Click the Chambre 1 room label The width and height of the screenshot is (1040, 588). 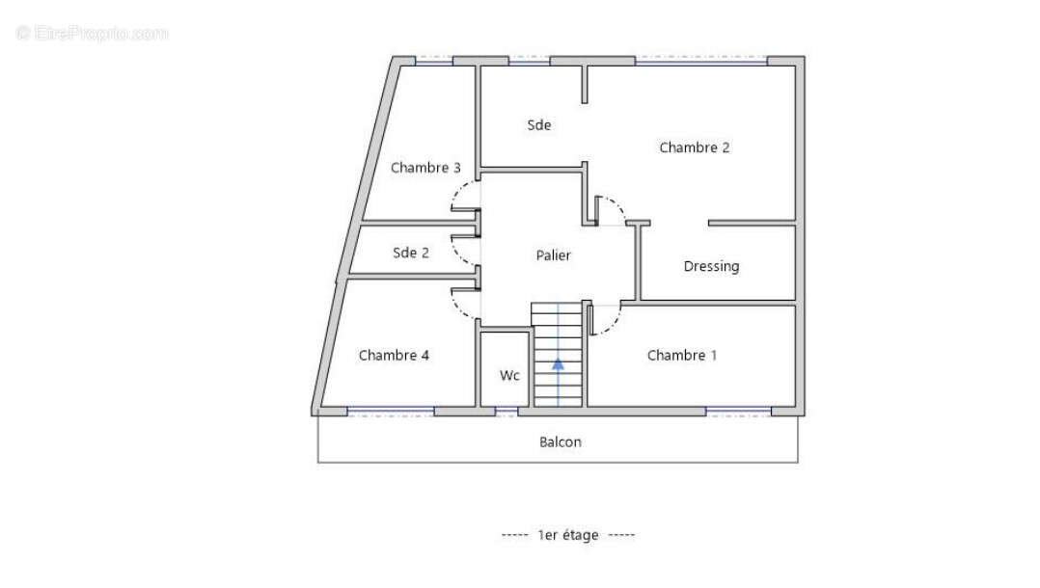tap(682, 356)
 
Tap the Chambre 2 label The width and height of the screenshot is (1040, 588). tap(695, 147)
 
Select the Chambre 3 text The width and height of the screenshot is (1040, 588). tap(425, 168)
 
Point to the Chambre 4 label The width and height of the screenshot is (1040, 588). tap(394, 356)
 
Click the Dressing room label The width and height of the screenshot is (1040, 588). tap(711, 266)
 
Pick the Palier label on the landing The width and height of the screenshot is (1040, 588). tap(553, 255)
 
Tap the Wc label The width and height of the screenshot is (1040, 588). tap(509, 376)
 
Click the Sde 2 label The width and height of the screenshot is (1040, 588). tap(411, 253)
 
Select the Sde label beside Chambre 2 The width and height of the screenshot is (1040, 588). tap(538, 124)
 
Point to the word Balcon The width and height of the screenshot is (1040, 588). tap(560, 442)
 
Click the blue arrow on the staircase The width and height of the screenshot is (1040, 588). tap(558, 364)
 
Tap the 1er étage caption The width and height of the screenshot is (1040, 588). tap(567, 535)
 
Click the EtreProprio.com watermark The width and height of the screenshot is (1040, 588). tap(93, 33)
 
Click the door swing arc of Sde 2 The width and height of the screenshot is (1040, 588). tap(458, 254)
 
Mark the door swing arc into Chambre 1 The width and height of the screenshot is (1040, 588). tap(613, 325)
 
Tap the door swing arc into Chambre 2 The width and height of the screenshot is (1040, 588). tap(616, 205)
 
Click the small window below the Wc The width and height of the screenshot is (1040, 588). tap(506, 412)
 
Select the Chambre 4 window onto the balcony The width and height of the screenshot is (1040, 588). tap(391, 412)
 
